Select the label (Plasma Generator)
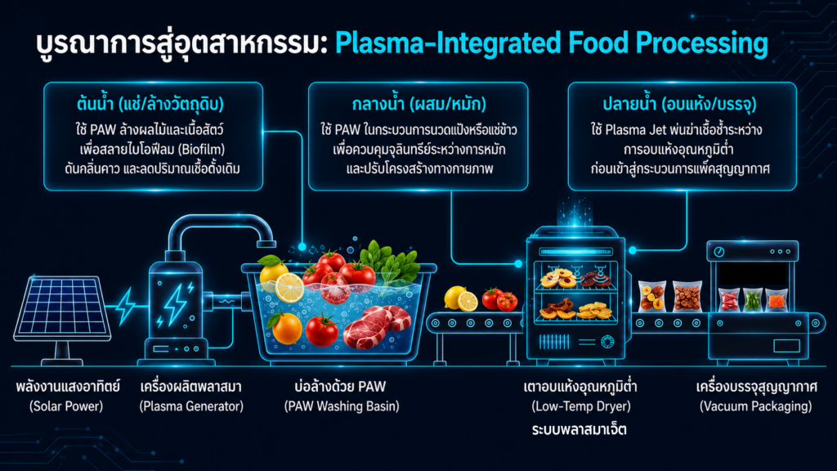191,406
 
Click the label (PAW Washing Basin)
342,406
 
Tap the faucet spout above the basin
266,243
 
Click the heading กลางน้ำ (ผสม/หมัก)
419,104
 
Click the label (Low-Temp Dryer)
581,406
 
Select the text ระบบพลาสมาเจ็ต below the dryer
580,429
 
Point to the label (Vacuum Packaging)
755,406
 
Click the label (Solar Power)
66,406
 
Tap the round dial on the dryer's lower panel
607,342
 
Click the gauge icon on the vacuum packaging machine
719,252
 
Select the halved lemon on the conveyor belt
468,302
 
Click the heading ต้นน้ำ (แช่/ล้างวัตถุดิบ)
150,104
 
